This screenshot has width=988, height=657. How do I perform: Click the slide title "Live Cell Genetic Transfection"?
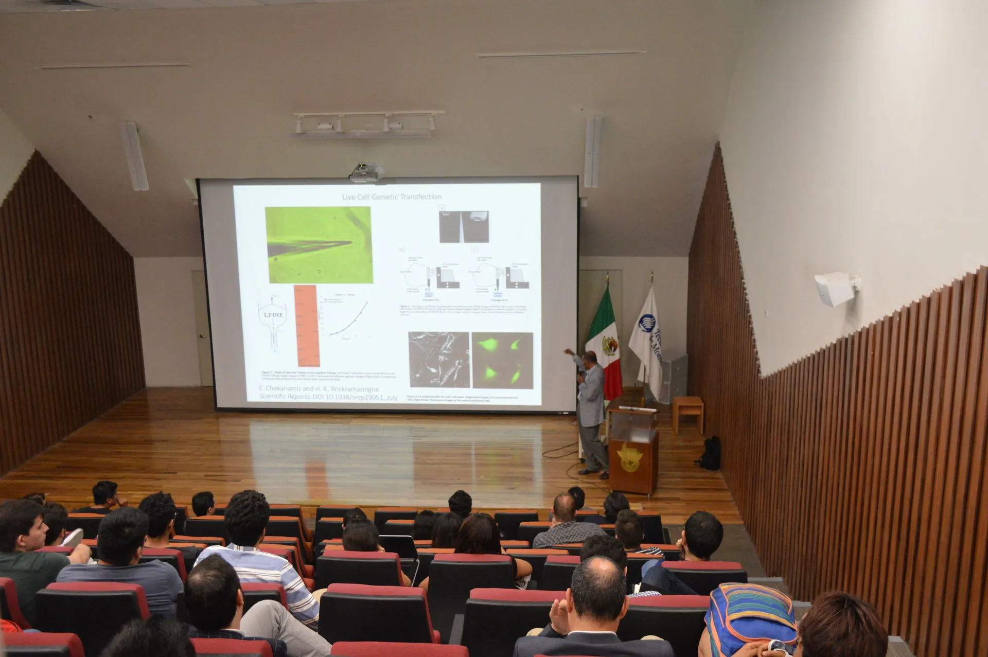tap(392, 197)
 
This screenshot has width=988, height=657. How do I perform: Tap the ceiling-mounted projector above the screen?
tap(364, 172)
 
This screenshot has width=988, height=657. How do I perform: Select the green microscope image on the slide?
tap(318, 245)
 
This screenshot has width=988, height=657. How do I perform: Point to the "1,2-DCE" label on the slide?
tap(273, 314)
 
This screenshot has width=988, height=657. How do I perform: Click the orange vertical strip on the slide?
tap(307, 325)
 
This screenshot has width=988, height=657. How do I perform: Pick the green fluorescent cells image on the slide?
tap(502, 360)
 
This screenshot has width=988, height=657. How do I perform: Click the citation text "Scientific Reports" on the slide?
tap(285, 397)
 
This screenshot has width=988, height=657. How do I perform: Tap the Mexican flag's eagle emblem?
tap(610, 344)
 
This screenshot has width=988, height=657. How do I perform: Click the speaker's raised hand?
tap(567, 351)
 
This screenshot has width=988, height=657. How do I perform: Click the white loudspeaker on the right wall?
tap(834, 289)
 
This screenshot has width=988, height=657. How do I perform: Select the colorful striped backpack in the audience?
tap(749, 617)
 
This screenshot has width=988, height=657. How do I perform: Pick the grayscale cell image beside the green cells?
tap(438, 360)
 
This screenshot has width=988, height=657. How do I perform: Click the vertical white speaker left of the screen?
tap(135, 156)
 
